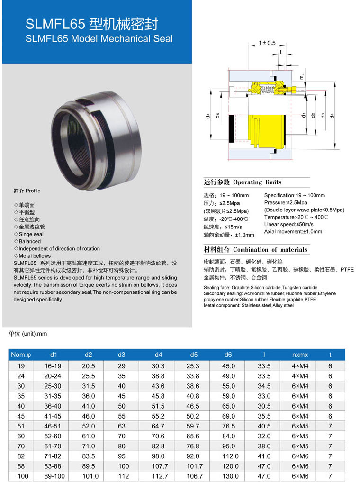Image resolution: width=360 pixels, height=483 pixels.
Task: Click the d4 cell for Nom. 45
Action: (158, 416)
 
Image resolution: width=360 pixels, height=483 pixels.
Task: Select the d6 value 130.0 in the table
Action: (228, 476)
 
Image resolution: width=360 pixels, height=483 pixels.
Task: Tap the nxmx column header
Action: (300, 355)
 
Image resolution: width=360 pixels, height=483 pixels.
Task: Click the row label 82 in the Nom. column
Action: (21, 456)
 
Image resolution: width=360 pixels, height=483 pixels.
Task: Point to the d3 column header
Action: (122, 355)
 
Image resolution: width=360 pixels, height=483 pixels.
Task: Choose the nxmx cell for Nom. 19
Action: (300, 366)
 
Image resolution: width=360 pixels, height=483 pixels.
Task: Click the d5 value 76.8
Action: (192, 446)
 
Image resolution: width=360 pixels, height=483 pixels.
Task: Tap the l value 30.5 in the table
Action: (264, 406)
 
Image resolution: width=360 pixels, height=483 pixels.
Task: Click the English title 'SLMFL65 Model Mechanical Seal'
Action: (99, 39)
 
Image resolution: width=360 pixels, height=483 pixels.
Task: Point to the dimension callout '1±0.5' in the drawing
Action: (267, 43)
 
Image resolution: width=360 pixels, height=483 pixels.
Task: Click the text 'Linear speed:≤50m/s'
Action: (289, 224)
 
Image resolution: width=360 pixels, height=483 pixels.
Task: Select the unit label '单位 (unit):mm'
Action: (28, 334)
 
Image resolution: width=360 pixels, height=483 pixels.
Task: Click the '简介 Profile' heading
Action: (27, 191)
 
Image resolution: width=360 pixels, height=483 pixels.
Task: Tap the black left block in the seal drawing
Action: (231, 129)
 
